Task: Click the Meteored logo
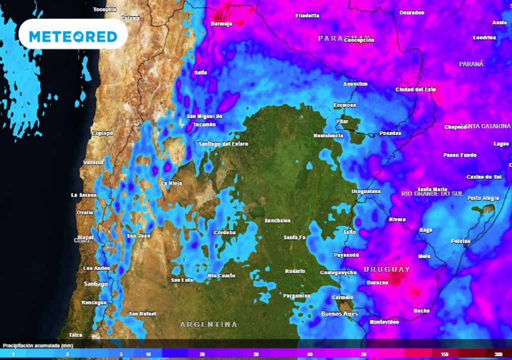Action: tap(73, 36)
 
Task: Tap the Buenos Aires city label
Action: tap(339, 313)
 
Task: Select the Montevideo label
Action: tap(384, 322)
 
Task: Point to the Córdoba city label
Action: tap(224, 232)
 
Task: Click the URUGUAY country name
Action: tap(386, 269)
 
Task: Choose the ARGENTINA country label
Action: tap(208, 324)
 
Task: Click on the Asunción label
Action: tap(355, 84)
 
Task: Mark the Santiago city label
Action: tap(96, 284)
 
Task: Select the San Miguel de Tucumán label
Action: tap(204, 120)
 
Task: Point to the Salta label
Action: tap(200, 72)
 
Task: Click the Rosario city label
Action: tap(295, 271)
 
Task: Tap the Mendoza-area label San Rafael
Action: tap(140, 314)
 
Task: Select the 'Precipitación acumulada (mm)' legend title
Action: tap(38, 345)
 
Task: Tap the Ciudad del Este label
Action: tap(415, 89)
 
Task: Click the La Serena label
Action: tap(82, 195)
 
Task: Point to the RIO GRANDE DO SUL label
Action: tap(431, 193)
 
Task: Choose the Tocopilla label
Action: tap(104, 9)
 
